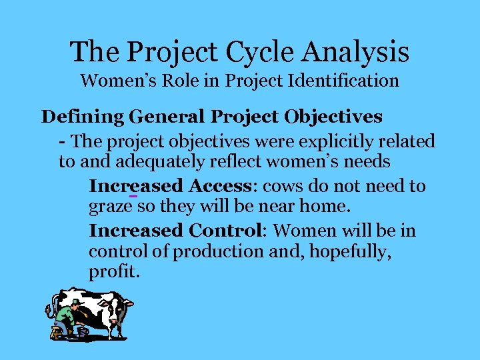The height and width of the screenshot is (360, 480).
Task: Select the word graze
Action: pos(109,207)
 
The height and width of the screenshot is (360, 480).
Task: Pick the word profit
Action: pos(113,273)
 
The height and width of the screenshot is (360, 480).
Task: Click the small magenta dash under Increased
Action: pos(133,196)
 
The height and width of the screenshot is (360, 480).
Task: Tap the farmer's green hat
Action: pos(75,302)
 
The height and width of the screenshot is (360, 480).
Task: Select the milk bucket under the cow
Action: pos(83,331)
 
